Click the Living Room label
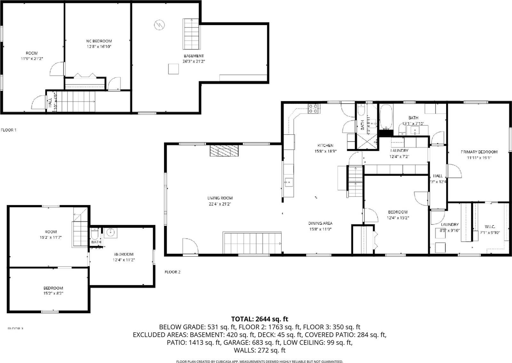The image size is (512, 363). [x=220, y=198]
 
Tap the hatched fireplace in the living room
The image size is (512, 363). [x=224, y=151]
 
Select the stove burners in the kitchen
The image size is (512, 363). [x=313, y=109]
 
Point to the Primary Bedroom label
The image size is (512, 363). [x=479, y=152]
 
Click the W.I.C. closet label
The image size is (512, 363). [x=490, y=226]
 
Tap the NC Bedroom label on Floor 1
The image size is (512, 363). [x=99, y=41]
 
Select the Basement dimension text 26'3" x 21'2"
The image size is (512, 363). [x=194, y=61]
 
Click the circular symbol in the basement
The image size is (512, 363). [x=159, y=25]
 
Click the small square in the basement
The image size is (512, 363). [x=174, y=69]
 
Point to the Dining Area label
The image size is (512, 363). [x=320, y=223]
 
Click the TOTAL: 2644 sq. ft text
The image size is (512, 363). [x=260, y=319]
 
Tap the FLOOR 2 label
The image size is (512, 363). [x=172, y=272]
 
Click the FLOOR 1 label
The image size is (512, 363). [x=9, y=130]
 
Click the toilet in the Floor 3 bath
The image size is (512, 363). [x=95, y=234]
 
